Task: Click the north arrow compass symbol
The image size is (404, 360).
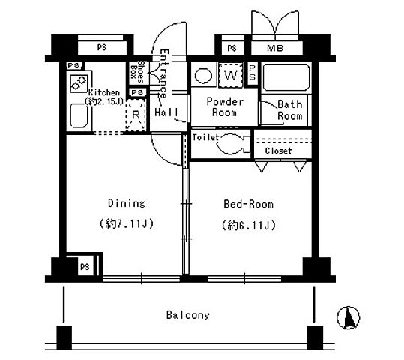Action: (x=348, y=317)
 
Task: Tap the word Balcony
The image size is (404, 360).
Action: (x=188, y=315)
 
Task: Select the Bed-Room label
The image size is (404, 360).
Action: (x=248, y=204)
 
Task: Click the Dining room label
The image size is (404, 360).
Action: (x=126, y=203)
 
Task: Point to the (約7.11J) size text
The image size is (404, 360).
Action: (x=127, y=223)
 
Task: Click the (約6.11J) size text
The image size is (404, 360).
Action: (x=249, y=226)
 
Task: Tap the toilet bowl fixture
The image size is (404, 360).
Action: (x=232, y=144)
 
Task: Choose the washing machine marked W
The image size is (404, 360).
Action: (x=231, y=75)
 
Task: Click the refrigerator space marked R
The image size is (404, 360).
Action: (x=136, y=115)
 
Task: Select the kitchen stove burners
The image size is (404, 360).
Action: (x=78, y=83)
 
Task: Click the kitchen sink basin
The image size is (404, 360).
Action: (x=79, y=115)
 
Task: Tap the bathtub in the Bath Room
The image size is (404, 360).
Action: (x=286, y=77)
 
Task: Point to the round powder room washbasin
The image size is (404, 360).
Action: (x=204, y=76)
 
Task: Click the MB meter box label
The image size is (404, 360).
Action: (x=275, y=48)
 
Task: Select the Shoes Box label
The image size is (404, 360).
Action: (x=137, y=71)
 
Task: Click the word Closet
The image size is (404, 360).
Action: (x=278, y=151)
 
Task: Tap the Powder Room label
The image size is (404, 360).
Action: (x=225, y=107)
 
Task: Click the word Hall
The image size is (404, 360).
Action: (x=166, y=112)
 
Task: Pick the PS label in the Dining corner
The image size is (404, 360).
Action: (x=85, y=267)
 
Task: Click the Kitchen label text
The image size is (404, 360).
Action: (x=104, y=92)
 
